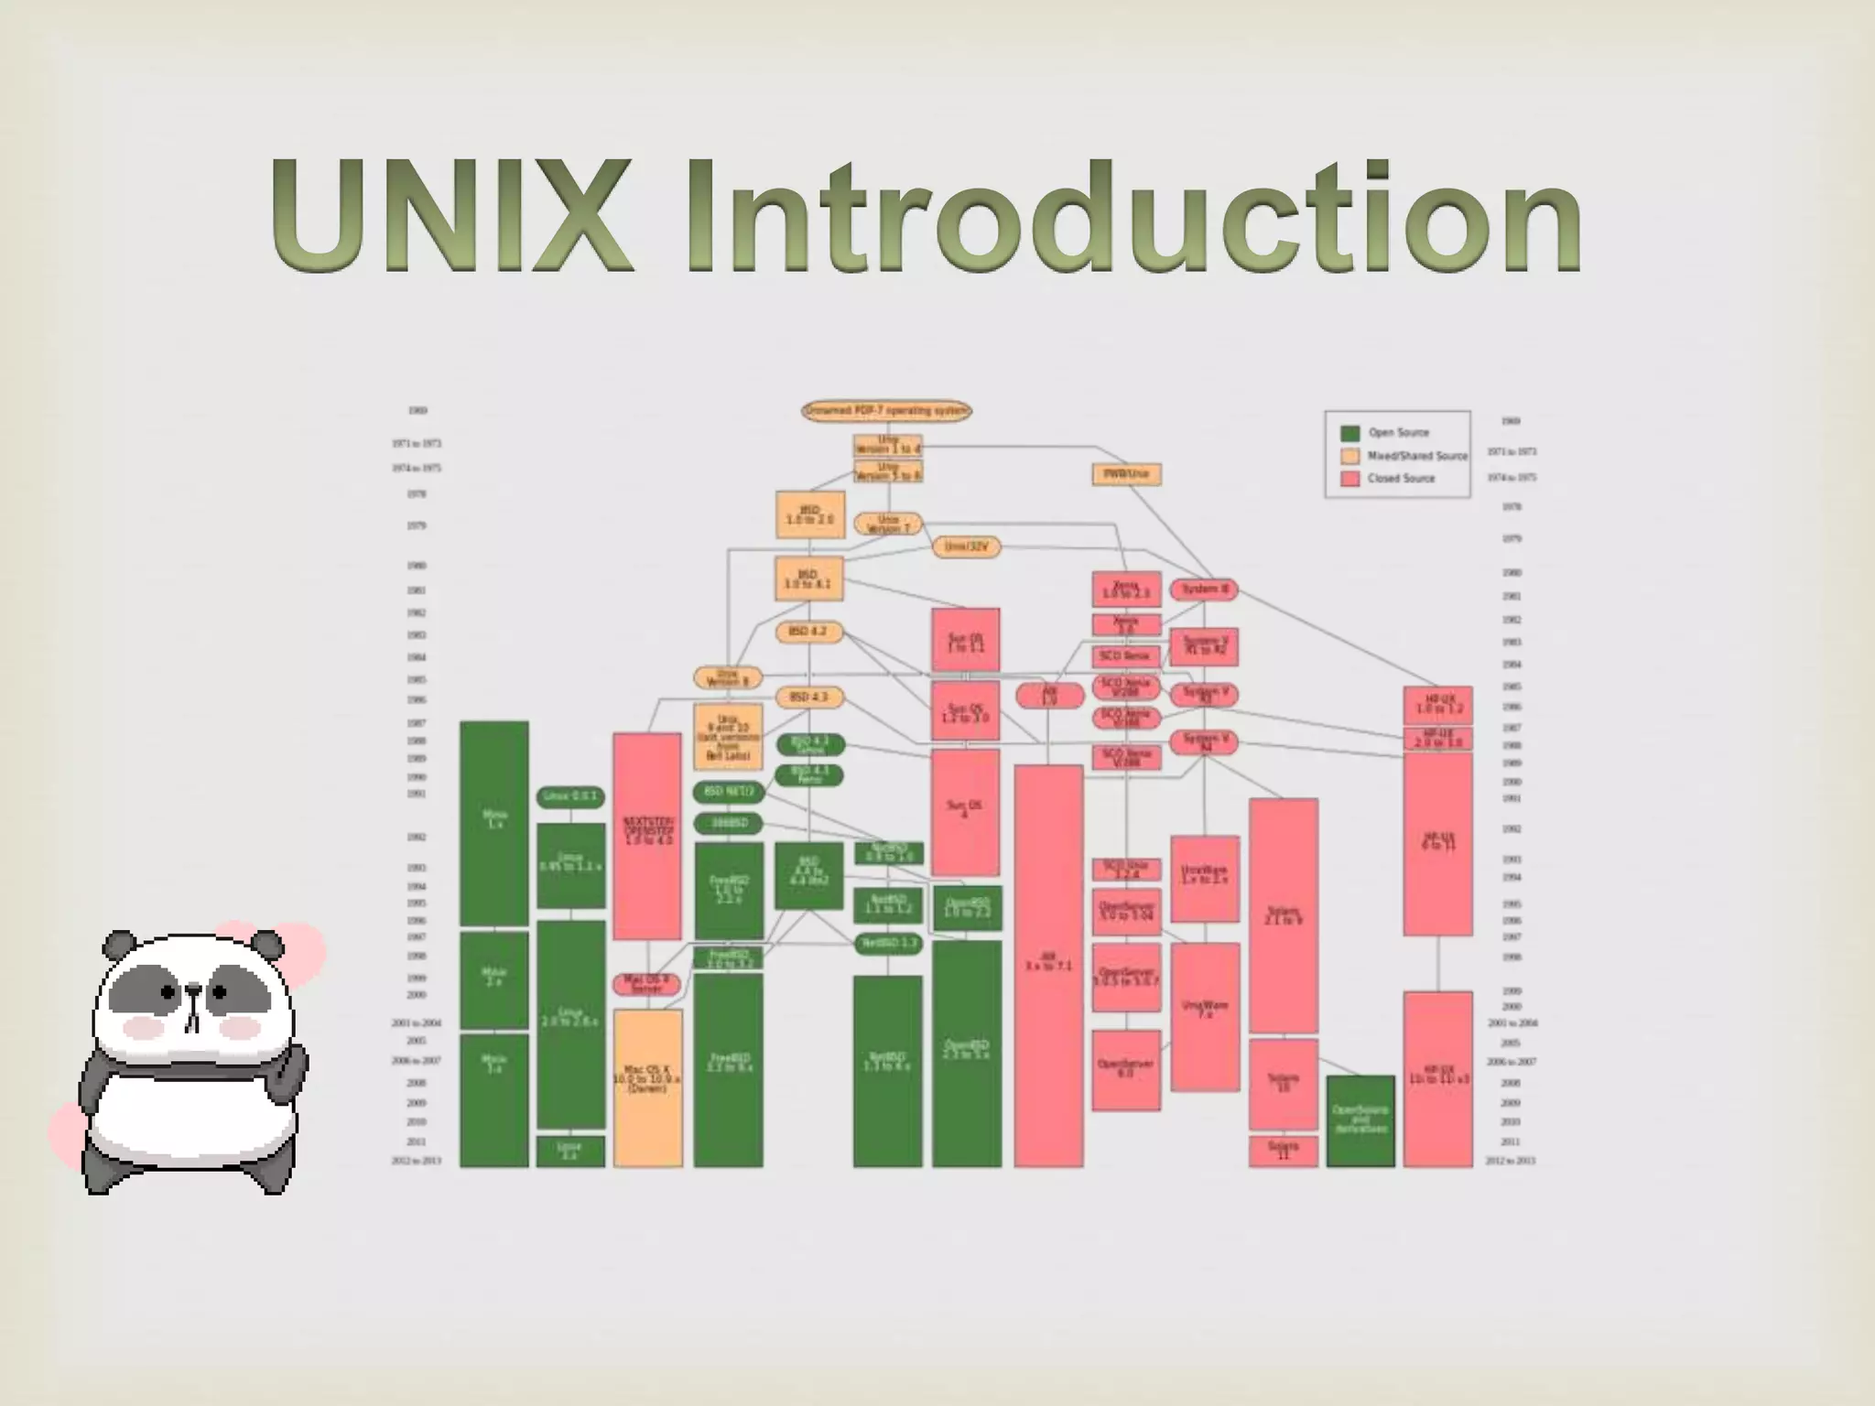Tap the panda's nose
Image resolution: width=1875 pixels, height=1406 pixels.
(193, 990)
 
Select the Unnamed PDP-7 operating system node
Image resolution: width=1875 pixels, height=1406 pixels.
(885, 411)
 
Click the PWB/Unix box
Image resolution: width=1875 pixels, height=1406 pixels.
(1126, 474)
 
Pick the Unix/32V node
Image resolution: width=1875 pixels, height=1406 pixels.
(966, 546)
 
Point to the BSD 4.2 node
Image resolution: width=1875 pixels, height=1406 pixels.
(808, 632)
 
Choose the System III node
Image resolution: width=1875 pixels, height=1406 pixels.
(1204, 589)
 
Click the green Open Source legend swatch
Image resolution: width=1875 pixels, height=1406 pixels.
(1349, 433)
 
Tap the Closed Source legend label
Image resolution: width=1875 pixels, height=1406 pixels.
(1401, 479)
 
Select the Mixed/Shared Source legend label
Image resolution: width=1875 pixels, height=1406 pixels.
(1416, 456)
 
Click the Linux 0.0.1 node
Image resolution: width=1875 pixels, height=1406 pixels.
(569, 796)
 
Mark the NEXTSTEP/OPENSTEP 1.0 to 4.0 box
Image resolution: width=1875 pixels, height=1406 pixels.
(647, 835)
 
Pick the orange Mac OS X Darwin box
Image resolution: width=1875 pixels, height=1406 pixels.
(647, 1087)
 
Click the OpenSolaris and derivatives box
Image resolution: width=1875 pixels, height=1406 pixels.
(1360, 1120)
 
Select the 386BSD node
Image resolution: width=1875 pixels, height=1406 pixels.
(729, 823)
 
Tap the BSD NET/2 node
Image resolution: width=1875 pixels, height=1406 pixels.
(729, 791)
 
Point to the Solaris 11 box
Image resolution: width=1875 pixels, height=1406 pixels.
(1283, 1151)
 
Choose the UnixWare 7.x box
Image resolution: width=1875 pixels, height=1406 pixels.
(1205, 1016)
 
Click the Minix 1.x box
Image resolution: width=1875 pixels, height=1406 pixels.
(493, 821)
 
